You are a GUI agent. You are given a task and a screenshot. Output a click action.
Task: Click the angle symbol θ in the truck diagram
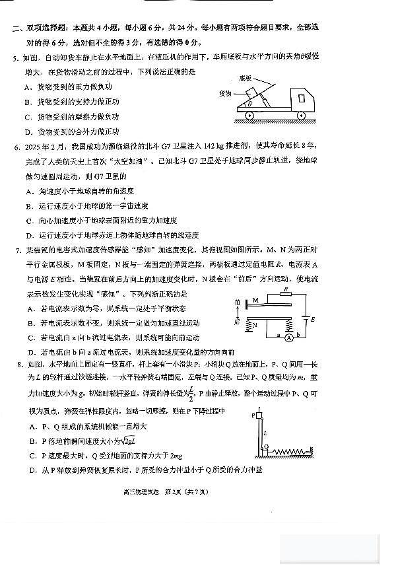pyautogui.click(x=249, y=104)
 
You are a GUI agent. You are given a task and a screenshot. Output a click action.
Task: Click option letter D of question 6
pyautogui.click(x=28, y=234)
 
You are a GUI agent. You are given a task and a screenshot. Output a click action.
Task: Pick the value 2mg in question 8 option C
pyautogui.click(x=176, y=456)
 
